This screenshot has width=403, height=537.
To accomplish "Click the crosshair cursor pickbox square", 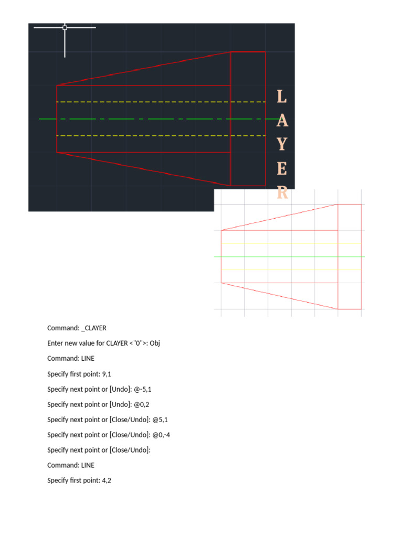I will pyautogui.click(x=65, y=27).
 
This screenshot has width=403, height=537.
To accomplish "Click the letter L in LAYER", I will pyautogui.click(x=282, y=96).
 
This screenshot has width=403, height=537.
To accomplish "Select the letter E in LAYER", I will pyautogui.click(x=282, y=169).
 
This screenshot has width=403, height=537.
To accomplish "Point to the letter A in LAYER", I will pyautogui.click(x=282, y=121).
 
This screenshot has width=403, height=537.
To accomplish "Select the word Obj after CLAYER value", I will pyautogui.click(x=155, y=343).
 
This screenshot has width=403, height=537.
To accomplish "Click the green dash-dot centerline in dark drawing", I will pyautogui.click(x=157, y=119).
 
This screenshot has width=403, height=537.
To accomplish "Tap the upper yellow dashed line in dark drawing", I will pyautogui.click(x=157, y=102).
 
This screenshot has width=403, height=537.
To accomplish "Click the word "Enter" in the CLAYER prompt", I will pyautogui.click(x=56, y=343).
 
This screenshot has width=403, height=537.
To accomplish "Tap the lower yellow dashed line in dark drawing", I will pyautogui.click(x=157, y=135).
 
